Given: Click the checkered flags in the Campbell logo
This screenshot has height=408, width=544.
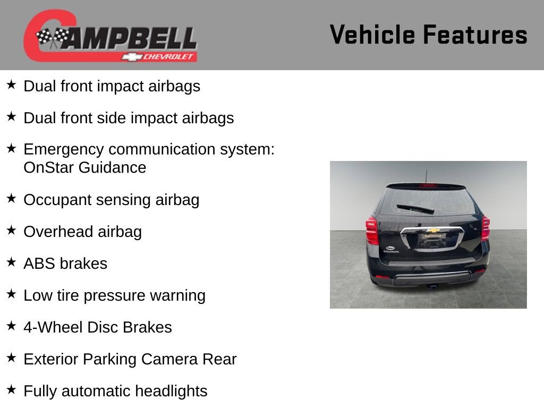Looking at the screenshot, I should (x=53, y=37).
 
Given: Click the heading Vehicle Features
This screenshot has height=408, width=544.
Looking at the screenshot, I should (x=428, y=35).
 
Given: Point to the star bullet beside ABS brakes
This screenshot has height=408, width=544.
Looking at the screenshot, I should (x=12, y=262).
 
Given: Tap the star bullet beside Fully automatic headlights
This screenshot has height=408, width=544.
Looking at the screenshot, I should (x=12, y=389).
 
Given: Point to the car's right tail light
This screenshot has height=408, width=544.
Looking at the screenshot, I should (x=485, y=228).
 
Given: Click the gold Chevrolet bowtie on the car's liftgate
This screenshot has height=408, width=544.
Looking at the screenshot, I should (x=433, y=231).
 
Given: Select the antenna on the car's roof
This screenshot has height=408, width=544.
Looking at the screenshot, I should (x=426, y=176).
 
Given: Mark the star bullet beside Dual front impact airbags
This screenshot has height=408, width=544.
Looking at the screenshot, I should (x=12, y=84).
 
